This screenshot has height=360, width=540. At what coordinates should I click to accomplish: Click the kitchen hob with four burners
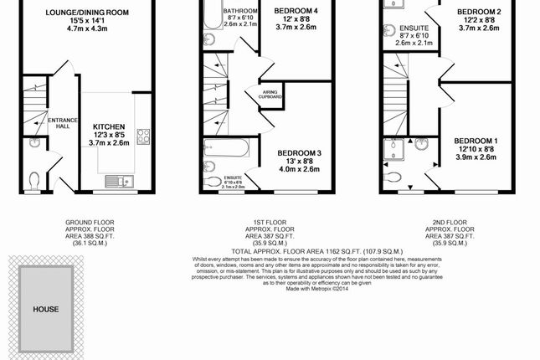tap(142, 135)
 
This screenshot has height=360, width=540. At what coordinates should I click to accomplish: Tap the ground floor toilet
tap(33, 178)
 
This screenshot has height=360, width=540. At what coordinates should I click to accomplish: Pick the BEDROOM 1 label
tap(477, 141)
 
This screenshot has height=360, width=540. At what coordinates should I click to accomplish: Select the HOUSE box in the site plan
tap(46, 308)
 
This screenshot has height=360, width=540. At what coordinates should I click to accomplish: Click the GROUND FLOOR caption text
tap(90, 223)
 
